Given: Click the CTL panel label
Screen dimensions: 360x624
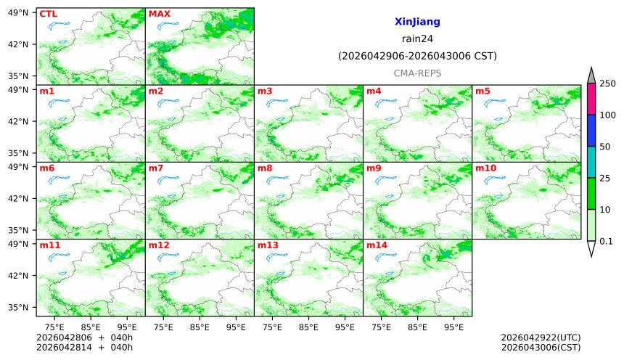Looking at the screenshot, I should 48,14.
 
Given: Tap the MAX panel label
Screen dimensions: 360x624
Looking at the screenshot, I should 159,14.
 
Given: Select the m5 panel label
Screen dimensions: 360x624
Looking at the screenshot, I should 483,91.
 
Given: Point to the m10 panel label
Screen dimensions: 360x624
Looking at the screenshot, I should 485,168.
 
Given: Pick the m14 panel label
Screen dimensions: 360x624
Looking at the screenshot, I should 377,245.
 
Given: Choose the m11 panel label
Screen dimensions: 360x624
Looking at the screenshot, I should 49,245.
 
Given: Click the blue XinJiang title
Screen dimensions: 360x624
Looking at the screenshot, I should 417,22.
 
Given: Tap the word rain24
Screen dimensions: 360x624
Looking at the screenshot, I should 417,39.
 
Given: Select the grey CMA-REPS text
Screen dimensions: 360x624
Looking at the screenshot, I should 417,73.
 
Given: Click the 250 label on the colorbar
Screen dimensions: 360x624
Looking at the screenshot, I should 607,83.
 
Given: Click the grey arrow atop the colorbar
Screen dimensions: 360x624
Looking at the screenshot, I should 591,76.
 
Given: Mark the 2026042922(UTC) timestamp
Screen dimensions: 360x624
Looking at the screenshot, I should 541,338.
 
